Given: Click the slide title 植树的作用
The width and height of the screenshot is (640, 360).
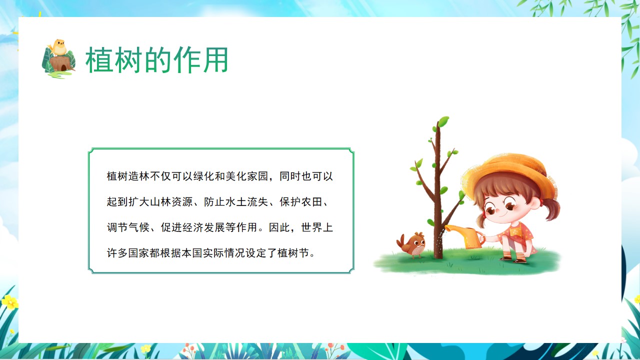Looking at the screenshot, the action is pyautogui.click(x=156, y=60).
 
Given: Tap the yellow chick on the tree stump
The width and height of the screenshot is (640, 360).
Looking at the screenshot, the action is pyautogui.click(x=58, y=47).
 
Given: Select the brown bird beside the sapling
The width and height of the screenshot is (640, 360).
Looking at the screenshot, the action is pyautogui.click(x=411, y=244).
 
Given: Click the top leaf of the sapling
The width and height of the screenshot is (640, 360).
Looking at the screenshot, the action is pyautogui.click(x=443, y=121).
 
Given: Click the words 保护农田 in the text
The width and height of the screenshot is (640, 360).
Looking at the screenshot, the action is pyautogui.click(x=301, y=202).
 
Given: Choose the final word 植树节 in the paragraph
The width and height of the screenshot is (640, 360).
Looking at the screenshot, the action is pyautogui.click(x=293, y=253).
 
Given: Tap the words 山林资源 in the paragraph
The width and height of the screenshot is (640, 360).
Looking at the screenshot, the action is pyautogui.click(x=171, y=202).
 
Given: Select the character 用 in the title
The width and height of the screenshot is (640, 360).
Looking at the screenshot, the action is pyautogui.click(x=215, y=60).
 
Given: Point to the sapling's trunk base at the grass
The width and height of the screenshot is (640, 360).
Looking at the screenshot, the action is pyautogui.click(x=437, y=256).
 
